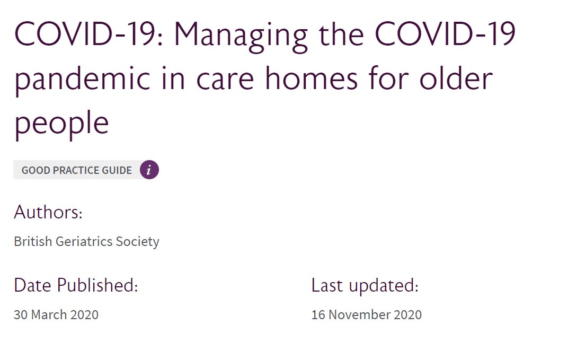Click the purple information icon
(149, 170)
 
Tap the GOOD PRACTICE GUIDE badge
(77, 171)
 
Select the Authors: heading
(48, 213)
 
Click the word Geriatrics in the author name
(82, 242)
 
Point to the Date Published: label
(76, 285)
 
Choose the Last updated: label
(365, 285)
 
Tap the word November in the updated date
(359, 314)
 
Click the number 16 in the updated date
(318, 314)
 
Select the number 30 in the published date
(21, 314)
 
